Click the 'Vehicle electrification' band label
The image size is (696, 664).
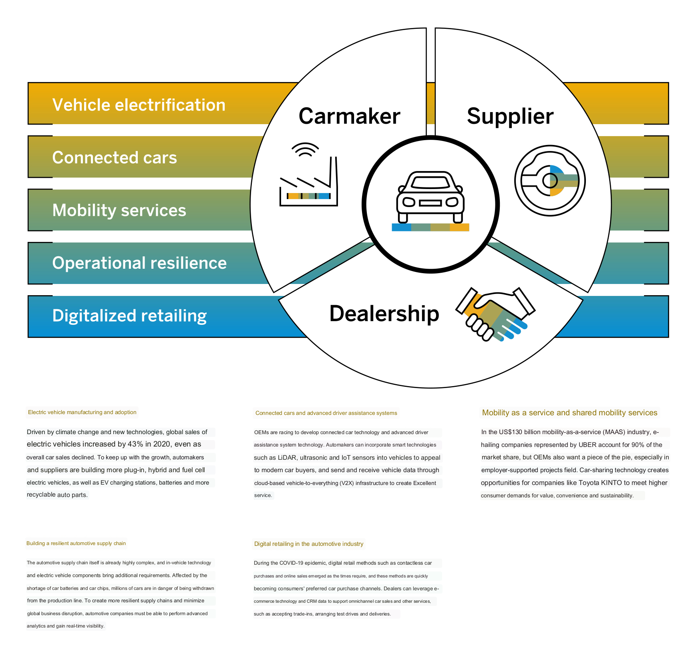139,105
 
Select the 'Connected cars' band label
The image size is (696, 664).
115,158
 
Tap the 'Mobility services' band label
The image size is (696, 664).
119,211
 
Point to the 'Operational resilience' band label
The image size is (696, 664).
139,263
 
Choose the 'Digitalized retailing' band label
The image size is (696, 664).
129,316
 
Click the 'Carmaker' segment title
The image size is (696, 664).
349,117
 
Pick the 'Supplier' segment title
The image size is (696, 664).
510,117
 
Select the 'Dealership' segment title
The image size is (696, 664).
384,314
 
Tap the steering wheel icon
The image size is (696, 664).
550,181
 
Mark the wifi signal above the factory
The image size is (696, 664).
305,149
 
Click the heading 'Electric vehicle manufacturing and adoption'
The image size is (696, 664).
82,412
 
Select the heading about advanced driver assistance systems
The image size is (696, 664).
326,413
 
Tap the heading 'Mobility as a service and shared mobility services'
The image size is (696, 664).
569,413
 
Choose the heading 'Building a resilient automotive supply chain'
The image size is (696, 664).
76,543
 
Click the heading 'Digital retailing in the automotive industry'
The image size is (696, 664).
309,544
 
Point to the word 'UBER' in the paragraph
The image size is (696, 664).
587,445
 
